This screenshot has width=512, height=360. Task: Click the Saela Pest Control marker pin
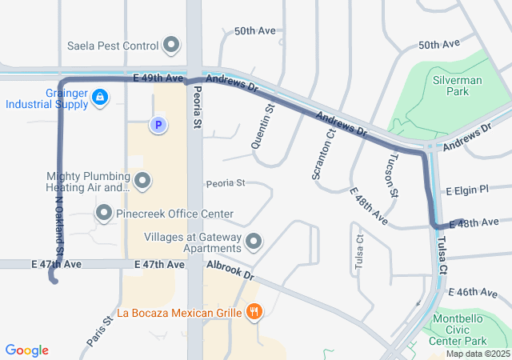[x=170, y=45]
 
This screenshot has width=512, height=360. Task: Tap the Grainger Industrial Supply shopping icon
[x=99, y=98]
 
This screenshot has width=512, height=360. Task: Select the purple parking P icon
[x=158, y=125]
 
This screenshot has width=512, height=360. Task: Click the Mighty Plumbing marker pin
[x=142, y=182]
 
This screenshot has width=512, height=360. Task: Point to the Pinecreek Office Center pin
[x=104, y=214]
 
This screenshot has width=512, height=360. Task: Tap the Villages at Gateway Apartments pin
[x=254, y=241]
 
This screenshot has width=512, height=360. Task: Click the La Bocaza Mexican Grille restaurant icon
[x=254, y=312]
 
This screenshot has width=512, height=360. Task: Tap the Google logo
[x=26, y=350]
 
